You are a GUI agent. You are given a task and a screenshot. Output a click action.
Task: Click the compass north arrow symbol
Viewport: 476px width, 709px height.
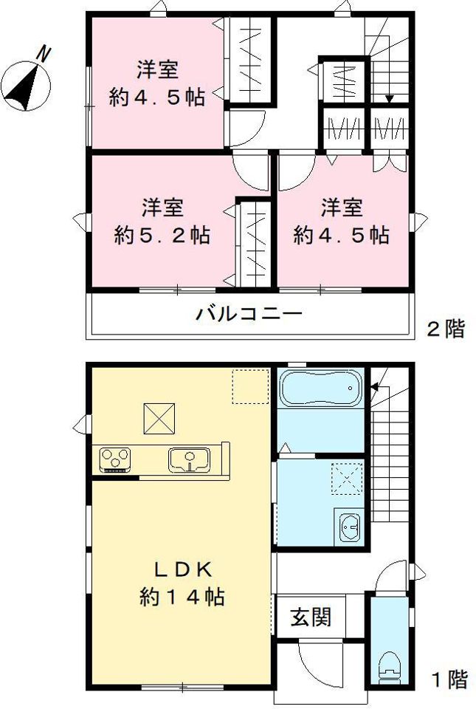coord(25,85)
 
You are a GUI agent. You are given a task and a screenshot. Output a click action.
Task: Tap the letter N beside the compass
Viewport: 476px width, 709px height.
coord(45,54)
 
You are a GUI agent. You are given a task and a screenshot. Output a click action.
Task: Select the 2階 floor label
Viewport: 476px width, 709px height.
coord(446,329)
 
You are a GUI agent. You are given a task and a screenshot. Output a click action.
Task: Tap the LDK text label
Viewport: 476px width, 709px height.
coord(182,569)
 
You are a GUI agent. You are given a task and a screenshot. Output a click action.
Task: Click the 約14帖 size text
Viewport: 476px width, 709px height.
coord(182,596)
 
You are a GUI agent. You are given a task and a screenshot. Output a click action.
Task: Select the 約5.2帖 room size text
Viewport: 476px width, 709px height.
coord(162,235)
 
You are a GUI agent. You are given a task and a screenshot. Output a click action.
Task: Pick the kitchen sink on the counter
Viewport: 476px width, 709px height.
coord(190,459)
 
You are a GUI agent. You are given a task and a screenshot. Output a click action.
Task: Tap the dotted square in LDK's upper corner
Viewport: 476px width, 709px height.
coord(249,386)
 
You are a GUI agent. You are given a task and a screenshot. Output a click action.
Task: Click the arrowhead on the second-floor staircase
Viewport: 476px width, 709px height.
coord(389,99)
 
